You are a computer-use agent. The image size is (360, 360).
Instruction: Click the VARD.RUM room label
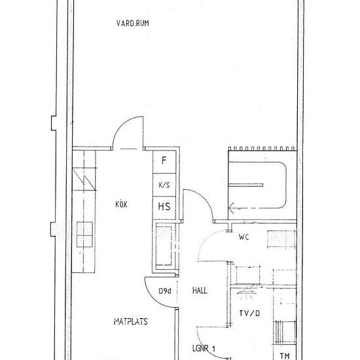tap(132, 23)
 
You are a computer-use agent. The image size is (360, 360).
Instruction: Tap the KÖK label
tap(121, 204)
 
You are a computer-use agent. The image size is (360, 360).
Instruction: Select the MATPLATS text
tap(131, 321)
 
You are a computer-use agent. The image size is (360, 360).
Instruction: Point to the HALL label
tap(200, 291)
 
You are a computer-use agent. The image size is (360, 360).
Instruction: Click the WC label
tap(244, 237)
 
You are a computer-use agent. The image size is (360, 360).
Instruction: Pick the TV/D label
tap(249, 313)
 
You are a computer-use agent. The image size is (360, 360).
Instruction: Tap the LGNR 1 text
tap(204, 348)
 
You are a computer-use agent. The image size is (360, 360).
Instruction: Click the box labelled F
tap(164, 162)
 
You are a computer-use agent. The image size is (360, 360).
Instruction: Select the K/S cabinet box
tap(164, 185)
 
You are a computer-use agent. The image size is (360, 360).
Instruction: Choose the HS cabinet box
tap(164, 207)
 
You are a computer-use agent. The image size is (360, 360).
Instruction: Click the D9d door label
tap(165, 291)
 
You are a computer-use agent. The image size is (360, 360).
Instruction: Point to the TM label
tap(285, 356)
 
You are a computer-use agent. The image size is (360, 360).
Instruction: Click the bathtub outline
tap(286, 185)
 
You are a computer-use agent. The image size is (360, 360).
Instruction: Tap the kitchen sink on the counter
tap(84, 234)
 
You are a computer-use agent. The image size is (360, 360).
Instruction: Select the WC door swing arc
tap(203, 240)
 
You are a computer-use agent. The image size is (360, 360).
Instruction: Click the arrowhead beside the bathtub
tap(231, 208)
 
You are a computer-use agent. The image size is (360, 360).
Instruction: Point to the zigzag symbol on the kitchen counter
tap(84, 179)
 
